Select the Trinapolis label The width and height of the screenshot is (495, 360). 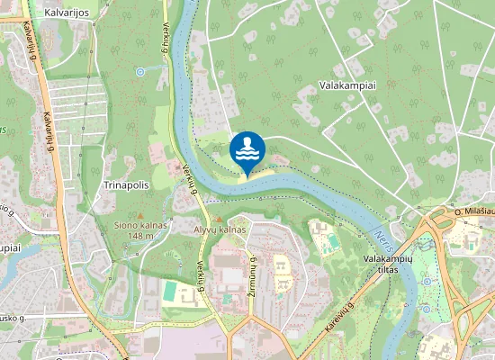(126, 184)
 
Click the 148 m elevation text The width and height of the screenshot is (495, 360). (141, 236)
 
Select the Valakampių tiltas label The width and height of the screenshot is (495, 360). (382, 264)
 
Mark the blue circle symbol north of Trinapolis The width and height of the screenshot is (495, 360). (140, 70)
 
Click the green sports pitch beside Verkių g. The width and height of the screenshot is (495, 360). (170, 291)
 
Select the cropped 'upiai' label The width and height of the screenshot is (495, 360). (9, 247)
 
